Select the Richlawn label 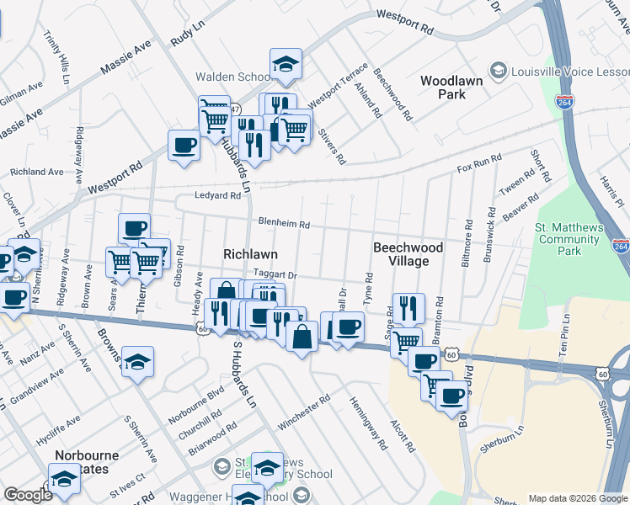tap(250, 253)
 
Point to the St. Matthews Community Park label tap(569, 239)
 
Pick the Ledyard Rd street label tap(219, 195)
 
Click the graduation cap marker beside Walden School tap(286, 64)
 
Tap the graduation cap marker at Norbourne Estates tap(64, 480)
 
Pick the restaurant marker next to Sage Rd tap(408, 308)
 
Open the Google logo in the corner tap(29, 495)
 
